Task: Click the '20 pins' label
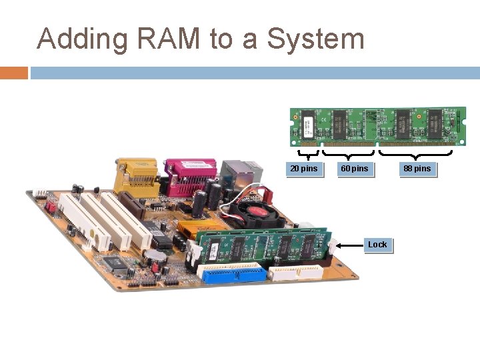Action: point(304,169)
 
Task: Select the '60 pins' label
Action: point(354,169)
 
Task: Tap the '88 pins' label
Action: point(417,169)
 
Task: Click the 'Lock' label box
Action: point(377,245)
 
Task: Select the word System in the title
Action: point(315,39)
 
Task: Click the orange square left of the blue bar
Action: point(13,73)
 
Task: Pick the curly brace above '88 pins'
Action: point(416,154)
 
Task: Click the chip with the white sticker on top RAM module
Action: point(309,124)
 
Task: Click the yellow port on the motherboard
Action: point(136,175)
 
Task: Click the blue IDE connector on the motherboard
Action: point(231,273)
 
